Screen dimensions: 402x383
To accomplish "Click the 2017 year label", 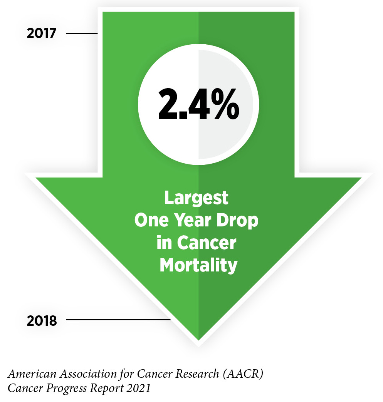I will point(42,33).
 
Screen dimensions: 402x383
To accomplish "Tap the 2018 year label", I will point(42,320).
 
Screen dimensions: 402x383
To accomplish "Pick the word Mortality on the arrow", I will point(198,265).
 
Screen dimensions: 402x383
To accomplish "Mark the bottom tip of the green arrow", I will point(198,339).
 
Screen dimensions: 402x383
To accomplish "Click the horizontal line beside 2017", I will point(82,33).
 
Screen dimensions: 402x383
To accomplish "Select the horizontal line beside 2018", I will point(118,319).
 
